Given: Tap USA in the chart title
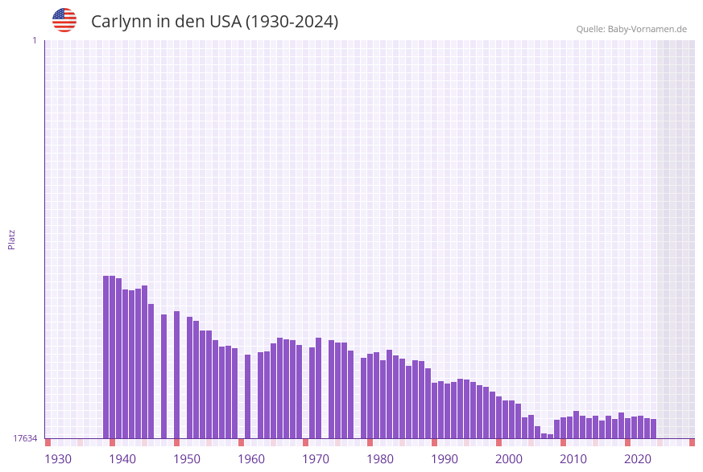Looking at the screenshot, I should point(225,22).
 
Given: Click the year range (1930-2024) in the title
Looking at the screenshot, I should point(292,22).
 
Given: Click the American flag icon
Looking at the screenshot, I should point(64,20).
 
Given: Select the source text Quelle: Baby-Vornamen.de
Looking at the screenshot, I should point(631,29).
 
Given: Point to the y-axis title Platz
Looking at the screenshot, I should point(12,239).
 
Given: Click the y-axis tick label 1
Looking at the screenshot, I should point(34,40).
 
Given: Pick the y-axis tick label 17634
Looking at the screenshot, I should point(24,438).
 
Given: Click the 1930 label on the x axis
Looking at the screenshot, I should point(58,459).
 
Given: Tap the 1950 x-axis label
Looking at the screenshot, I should point(187,459).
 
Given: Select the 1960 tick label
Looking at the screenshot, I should point(251,459).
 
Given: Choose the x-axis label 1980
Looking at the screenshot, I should point(380,459).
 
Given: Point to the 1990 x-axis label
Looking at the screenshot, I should point(445,459).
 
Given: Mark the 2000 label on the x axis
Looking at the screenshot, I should point(509,459).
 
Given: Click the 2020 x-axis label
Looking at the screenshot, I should point(638,459).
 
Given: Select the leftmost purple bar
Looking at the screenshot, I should point(106,357).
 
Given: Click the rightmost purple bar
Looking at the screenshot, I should point(653,429).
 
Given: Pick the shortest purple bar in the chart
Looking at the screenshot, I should point(551,437).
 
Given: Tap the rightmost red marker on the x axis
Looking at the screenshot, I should point(692,442).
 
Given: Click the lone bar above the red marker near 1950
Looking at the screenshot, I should point(177,375).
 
